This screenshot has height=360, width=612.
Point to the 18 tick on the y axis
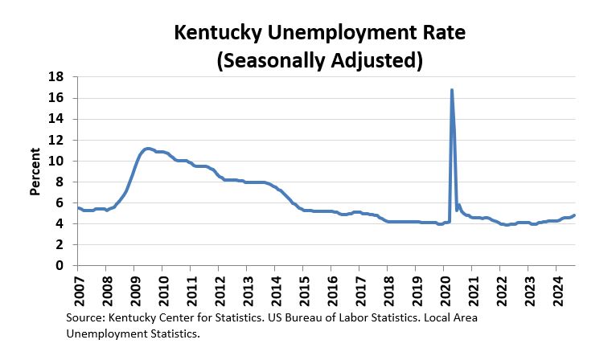[56, 77]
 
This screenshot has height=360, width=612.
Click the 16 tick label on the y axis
[56, 98]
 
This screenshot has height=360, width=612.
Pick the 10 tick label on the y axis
[56, 161]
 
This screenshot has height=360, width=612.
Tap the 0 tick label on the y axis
[60, 265]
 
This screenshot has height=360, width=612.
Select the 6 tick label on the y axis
[60, 202]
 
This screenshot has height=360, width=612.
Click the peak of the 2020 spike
[452, 90]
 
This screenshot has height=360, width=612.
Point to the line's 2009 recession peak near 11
[147, 149]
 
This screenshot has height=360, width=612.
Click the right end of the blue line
[574, 215]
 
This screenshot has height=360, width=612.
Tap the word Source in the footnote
[85, 318]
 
